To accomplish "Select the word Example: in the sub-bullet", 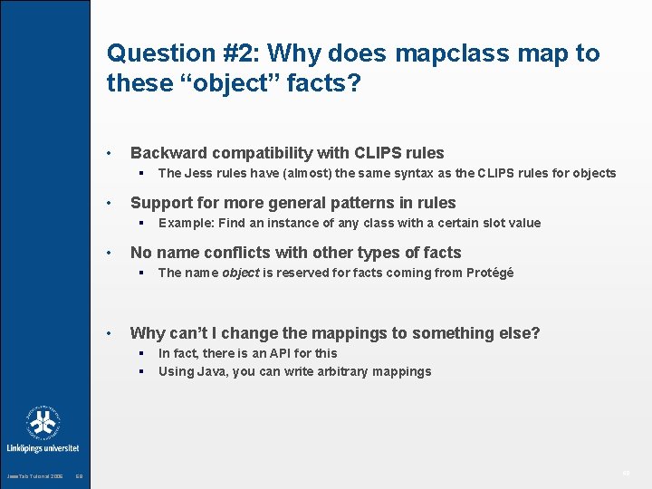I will (x=186, y=223).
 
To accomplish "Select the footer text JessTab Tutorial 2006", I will (x=35, y=476).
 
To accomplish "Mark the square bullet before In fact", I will (x=141, y=353).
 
